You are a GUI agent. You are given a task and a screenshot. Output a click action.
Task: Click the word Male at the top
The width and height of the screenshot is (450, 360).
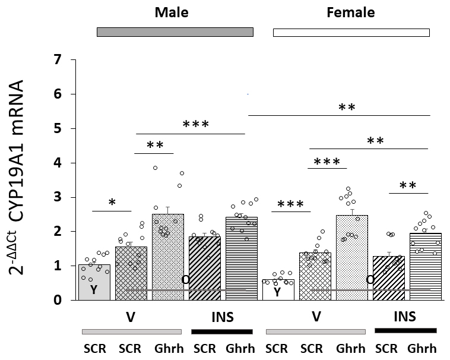[x=172, y=12]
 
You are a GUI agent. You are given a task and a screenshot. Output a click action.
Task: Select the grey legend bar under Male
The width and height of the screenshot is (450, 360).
[x=175, y=31]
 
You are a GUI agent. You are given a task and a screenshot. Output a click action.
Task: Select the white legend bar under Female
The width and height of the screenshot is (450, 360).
[x=351, y=33]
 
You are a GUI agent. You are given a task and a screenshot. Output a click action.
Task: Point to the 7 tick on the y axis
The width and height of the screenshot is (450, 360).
[x=58, y=59]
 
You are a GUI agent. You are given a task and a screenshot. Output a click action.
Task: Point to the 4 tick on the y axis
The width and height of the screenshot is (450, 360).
[x=58, y=163]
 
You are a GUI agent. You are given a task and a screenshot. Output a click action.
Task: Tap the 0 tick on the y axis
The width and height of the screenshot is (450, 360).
[x=58, y=300]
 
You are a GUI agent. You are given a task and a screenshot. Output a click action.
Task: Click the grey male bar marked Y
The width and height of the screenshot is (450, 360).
[x=94, y=282]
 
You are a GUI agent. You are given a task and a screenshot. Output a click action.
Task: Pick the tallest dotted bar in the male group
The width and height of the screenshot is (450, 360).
[x=168, y=255]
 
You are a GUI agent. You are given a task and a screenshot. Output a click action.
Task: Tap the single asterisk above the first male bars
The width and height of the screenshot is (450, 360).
[x=112, y=203]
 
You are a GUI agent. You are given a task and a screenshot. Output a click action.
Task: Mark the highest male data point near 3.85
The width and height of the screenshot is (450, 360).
[x=155, y=168]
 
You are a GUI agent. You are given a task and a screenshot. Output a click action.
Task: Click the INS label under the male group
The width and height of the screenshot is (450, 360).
[x=221, y=316]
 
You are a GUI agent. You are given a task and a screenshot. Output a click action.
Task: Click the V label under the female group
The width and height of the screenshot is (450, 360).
[x=316, y=316]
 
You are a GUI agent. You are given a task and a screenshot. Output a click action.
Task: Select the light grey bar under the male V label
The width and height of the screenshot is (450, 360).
[x=131, y=331]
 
